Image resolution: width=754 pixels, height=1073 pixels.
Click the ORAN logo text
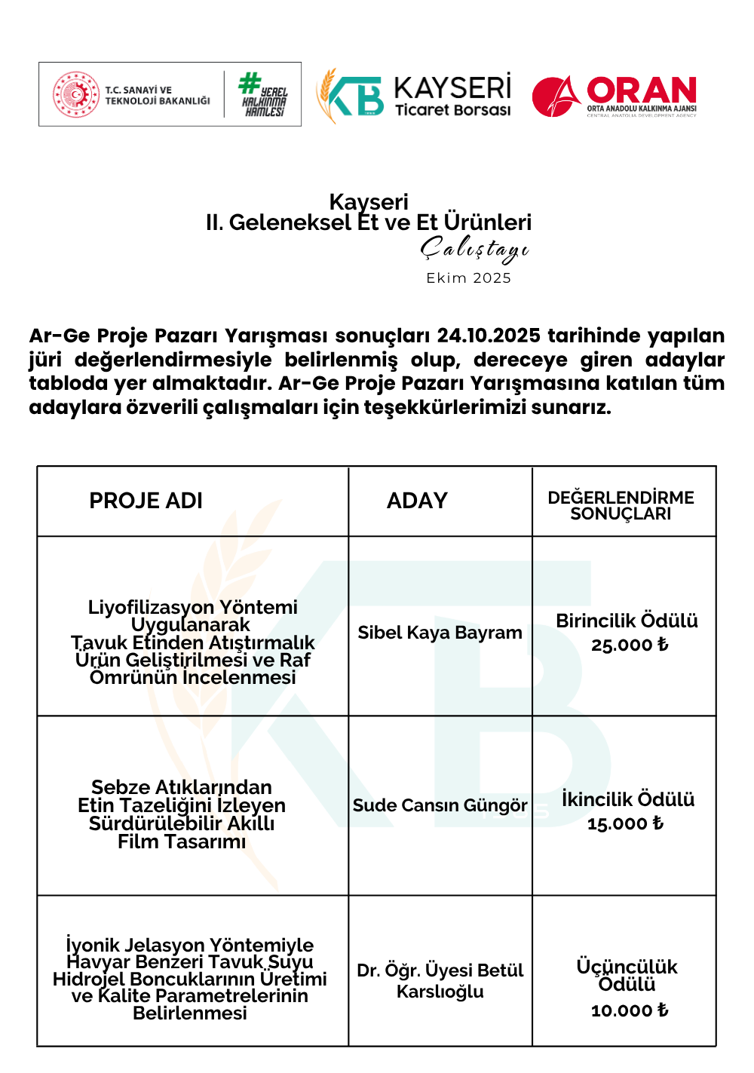(641, 91)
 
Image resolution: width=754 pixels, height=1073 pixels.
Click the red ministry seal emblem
(75, 94)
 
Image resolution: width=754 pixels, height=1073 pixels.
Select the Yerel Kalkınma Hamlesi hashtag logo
(262, 94)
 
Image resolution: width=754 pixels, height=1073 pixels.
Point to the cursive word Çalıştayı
(474, 249)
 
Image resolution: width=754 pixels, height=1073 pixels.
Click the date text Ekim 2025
(468, 278)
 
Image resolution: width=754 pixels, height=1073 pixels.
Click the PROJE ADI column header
(146, 501)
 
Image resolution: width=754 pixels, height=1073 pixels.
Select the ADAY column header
(417, 501)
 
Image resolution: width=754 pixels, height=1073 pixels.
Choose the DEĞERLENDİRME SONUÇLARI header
(621, 505)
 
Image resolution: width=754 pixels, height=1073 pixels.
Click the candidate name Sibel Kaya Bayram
(440, 633)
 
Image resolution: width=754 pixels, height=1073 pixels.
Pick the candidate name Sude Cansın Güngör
(440, 805)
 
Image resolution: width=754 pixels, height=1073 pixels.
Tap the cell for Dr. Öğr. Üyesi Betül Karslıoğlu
(440, 980)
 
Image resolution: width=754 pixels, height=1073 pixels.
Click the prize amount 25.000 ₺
(629, 645)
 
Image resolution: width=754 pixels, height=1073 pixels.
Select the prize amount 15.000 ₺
(625, 824)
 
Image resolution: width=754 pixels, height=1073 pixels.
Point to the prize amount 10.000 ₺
(629, 1010)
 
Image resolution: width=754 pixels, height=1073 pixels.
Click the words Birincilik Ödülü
(627, 621)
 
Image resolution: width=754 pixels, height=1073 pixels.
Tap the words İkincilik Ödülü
(627, 799)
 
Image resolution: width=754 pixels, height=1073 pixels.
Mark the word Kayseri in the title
(369, 202)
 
